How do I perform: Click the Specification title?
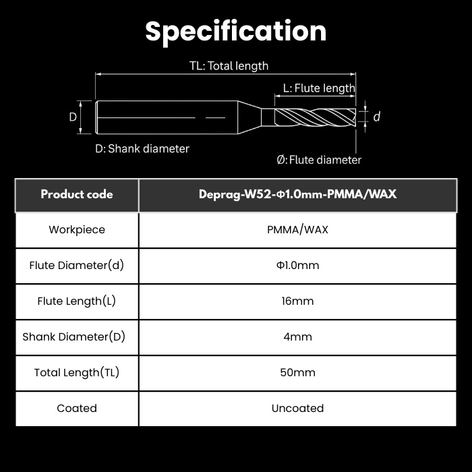tap(236, 32)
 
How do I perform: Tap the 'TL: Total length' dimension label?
tap(229, 66)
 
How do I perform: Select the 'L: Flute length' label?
tap(319, 88)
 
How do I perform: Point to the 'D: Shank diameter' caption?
tap(142, 149)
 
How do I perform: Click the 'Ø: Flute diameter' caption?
tap(319, 160)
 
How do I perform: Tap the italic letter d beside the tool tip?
tap(376, 117)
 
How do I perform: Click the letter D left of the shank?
tap(73, 117)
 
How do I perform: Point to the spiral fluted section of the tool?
tap(315, 117)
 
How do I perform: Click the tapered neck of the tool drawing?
tap(249, 117)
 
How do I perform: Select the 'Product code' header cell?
tap(77, 194)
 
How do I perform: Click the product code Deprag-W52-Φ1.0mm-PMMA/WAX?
tap(298, 194)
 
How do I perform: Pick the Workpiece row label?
tap(77, 230)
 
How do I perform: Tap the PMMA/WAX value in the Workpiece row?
tap(297, 230)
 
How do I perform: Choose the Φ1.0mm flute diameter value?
tap(297, 265)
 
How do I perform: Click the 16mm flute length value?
tap(297, 301)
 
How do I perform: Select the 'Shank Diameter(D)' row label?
tap(73, 336)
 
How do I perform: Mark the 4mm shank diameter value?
tap(297, 336)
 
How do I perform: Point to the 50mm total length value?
tap(297, 372)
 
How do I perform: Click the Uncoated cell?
tap(297, 408)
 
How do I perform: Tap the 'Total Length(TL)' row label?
tap(77, 372)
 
